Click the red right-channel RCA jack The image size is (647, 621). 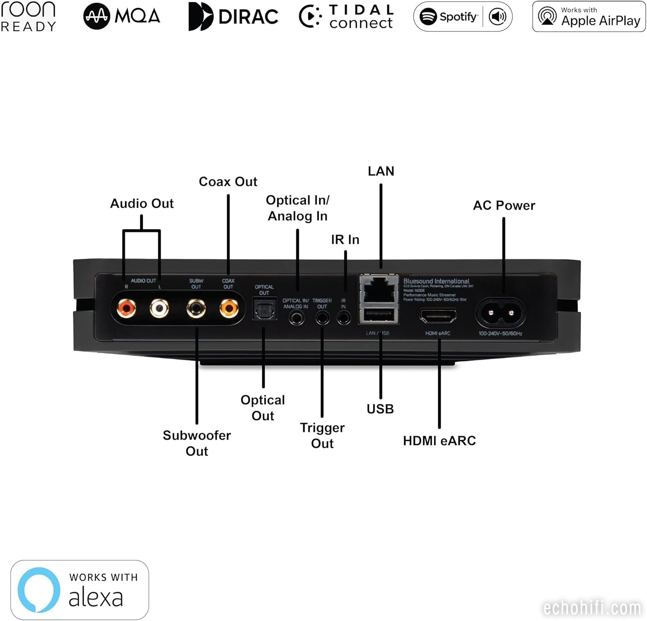[x=126, y=308]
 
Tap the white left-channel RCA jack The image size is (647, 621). [x=159, y=308]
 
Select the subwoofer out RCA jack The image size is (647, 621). [x=196, y=308]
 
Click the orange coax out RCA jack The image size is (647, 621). [x=229, y=308]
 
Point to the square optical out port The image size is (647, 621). [x=264, y=309]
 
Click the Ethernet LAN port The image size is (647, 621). [x=379, y=289]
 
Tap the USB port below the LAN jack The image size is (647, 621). [x=378, y=315]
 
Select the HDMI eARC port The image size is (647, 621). [x=438, y=316]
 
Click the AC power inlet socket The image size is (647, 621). [x=501, y=313]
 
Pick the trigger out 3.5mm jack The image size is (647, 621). [x=322, y=318]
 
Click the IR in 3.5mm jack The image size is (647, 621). [x=343, y=318]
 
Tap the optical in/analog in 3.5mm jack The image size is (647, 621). [x=296, y=318]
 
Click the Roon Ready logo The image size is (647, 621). [x=28, y=16]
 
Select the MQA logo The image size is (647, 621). [x=122, y=16]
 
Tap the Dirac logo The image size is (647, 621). [x=233, y=16]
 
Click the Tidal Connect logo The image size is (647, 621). [x=346, y=16]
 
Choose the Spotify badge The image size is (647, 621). [x=462, y=17]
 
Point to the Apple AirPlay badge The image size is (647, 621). [x=589, y=16]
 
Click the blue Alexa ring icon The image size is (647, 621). [x=39, y=590]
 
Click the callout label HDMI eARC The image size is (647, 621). [x=439, y=441]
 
